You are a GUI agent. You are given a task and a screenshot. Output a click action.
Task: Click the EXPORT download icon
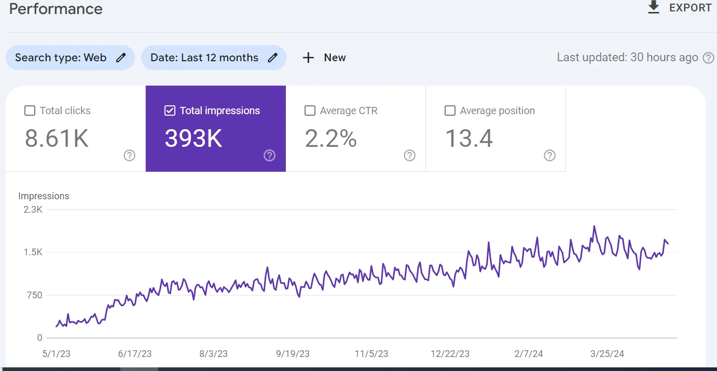coord(654,7)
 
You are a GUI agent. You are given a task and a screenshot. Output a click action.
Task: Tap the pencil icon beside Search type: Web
coord(121,58)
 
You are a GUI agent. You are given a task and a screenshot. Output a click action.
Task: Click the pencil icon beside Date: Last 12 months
coord(272,58)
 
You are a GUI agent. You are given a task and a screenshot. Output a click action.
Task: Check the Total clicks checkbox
coord(30,111)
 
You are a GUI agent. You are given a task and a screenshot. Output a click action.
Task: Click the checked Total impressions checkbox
coord(170,111)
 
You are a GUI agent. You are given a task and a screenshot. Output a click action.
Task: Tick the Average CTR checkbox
coord(310,111)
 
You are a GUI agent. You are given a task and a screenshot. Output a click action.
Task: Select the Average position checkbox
coord(450,111)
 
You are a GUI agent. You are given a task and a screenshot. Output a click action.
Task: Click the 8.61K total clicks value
coord(57,139)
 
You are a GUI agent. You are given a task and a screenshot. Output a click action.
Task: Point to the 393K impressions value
coord(194,139)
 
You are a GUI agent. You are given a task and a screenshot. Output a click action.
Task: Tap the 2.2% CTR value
coord(330,139)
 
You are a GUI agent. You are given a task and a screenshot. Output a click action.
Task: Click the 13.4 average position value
coord(469,139)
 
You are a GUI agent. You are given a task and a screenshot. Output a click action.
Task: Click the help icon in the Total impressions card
coord(269,156)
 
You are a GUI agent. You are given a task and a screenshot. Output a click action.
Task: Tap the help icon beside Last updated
coord(708,58)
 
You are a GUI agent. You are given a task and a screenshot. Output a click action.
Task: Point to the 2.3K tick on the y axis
coord(33,210)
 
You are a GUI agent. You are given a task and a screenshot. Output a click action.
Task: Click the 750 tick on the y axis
coord(34,295)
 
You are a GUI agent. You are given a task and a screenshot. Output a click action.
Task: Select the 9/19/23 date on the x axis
coord(293,354)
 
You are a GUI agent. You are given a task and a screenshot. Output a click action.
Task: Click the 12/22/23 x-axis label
coord(450,354)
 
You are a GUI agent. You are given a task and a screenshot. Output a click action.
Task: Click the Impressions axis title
coord(44,196)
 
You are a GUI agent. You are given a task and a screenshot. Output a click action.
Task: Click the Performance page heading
coord(56,9)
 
